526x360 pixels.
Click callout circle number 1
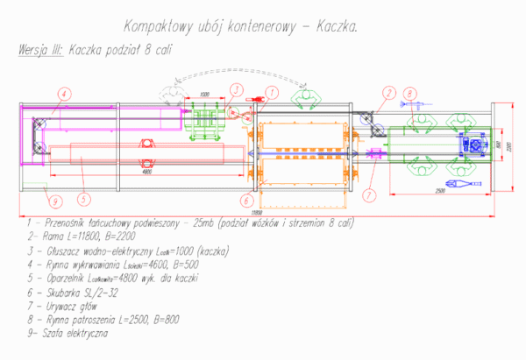click(x=272, y=90)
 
